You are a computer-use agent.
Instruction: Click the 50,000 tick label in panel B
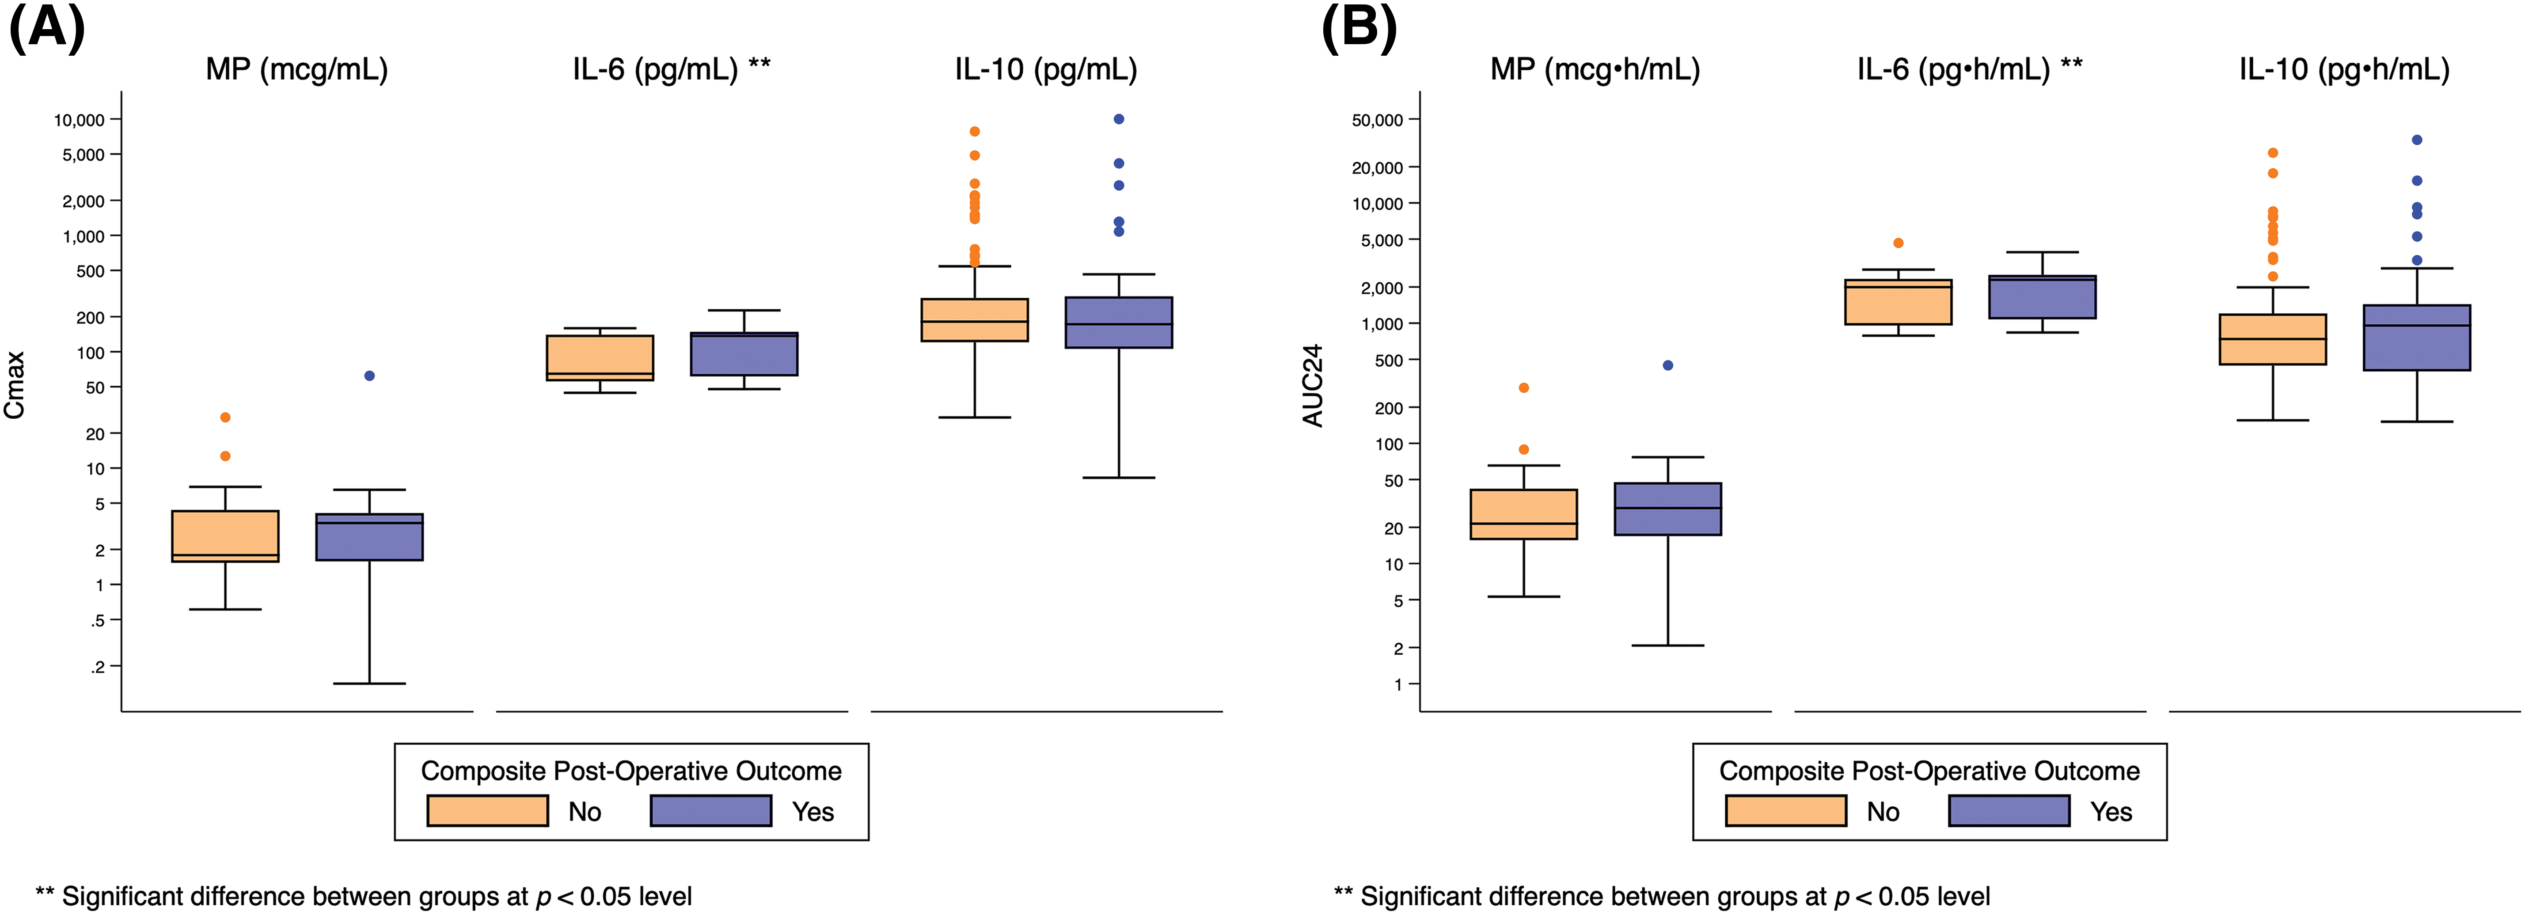(x=1377, y=120)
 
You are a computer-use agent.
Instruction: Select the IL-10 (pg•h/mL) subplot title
(x=2344, y=70)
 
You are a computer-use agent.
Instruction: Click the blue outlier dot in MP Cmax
(x=369, y=376)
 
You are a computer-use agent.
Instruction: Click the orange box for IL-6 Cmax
(x=600, y=358)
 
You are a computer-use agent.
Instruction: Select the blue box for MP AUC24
(x=1667, y=509)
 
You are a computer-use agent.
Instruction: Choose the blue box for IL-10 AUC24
(x=2416, y=338)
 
